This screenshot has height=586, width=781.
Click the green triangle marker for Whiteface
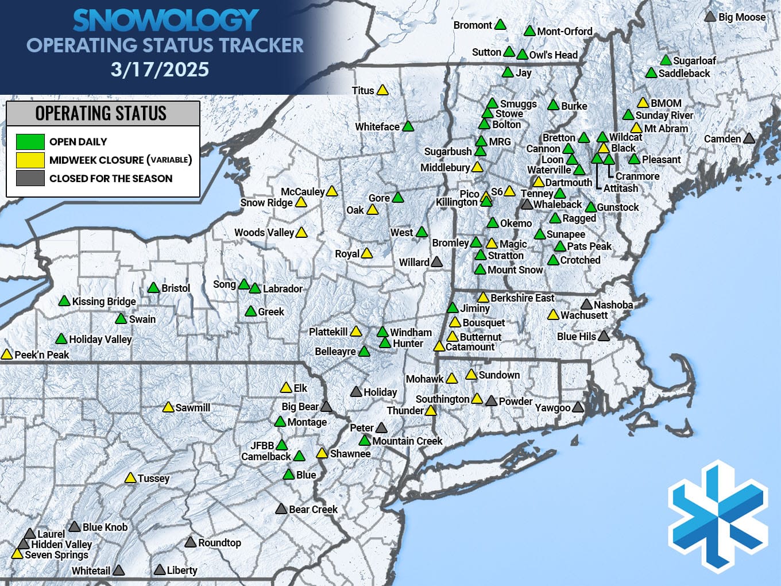click(408, 126)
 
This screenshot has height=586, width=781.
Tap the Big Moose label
click(741, 17)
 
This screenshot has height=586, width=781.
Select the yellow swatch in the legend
click(30, 160)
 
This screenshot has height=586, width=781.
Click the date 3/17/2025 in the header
click(160, 70)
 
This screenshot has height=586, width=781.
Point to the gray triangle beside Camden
click(749, 138)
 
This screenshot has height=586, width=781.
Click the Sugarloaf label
click(694, 60)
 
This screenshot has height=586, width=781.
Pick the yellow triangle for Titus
click(382, 90)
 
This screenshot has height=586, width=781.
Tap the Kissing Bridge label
click(104, 302)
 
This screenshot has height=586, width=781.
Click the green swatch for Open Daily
click(30, 141)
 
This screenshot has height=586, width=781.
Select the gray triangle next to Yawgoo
click(578, 407)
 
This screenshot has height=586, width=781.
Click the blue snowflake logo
click(718, 516)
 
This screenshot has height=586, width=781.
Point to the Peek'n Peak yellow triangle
click(7, 354)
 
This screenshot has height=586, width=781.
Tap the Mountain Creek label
click(407, 441)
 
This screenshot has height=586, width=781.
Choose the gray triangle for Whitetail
click(118, 570)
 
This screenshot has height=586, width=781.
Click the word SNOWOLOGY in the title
click(165, 21)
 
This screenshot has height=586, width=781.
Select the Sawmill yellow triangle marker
click(168, 407)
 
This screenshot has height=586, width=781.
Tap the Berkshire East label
click(522, 298)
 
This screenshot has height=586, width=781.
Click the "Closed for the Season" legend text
click(111, 179)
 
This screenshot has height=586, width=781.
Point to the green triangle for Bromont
click(500, 25)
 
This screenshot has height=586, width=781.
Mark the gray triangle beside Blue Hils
click(603, 336)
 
